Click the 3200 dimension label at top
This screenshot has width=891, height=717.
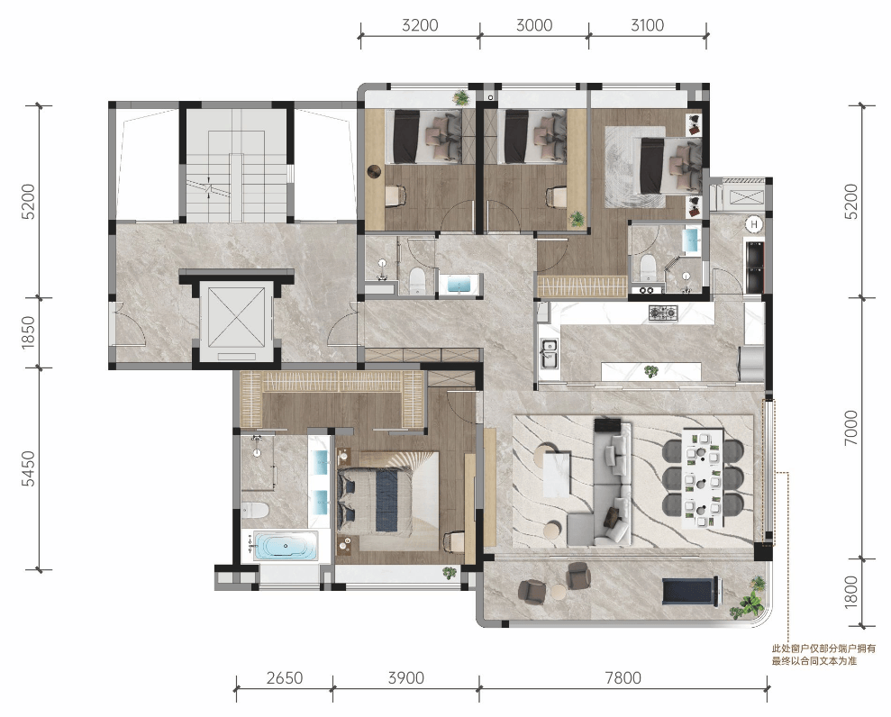[420, 25]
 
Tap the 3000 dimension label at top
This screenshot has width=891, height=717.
[534, 25]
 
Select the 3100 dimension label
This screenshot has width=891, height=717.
[647, 25]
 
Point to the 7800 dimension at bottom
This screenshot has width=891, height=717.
[623, 677]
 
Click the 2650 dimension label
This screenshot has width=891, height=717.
[285, 677]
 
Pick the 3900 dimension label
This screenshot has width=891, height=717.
[405, 677]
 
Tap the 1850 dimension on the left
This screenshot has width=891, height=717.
[28, 332]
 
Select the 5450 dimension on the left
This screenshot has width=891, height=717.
[28, 468]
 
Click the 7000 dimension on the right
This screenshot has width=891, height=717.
[850, 428]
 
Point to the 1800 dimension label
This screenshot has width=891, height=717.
[850, 592]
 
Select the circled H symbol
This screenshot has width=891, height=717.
[753, 224]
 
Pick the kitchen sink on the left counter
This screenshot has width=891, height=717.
[550, 353]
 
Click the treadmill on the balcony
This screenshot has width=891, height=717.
[689, 591]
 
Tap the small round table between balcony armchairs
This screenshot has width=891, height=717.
[559, 592]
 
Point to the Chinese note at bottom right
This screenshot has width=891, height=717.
[823, 655]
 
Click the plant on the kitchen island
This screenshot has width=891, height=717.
[651, 372]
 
